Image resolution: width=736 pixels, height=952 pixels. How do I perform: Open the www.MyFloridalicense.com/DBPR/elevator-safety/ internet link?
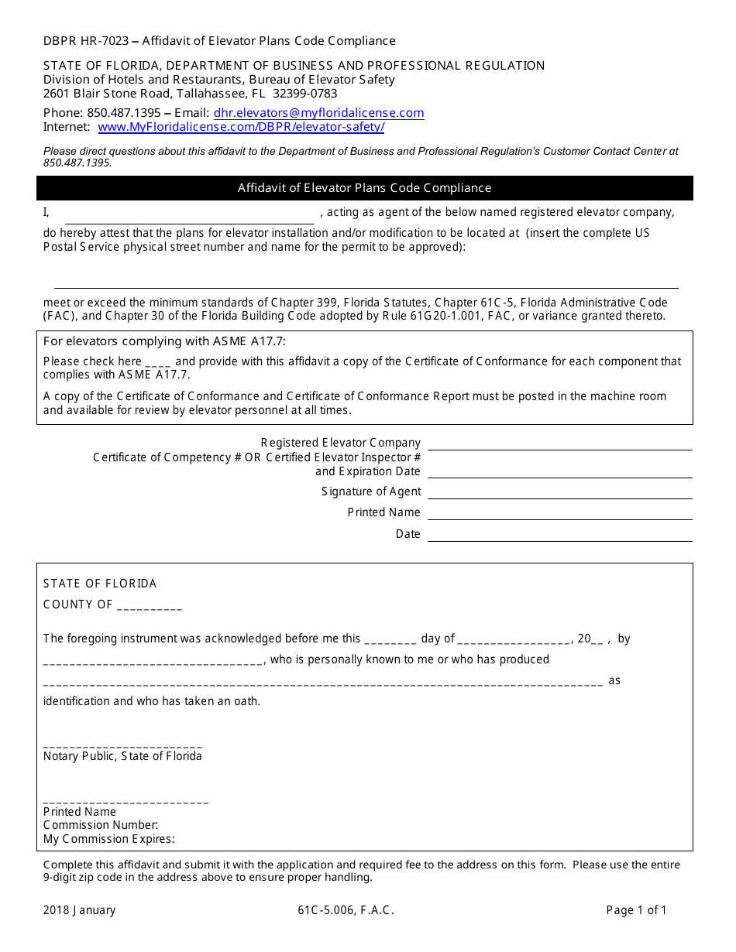click(x=241, y=127)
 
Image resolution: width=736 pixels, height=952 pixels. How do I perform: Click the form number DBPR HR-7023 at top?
click(x=86, y=41)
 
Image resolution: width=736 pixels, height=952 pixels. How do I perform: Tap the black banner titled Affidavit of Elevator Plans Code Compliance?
click(x=364, y=188)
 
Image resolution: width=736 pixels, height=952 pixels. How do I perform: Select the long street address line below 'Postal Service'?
click(x=366, y=283)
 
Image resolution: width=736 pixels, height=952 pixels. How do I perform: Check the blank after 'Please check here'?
click(x=158, y=362)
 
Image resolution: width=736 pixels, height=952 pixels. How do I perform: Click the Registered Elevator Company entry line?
click(x=559, y=443)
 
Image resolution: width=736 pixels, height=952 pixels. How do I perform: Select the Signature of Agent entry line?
click(x=559, y=492)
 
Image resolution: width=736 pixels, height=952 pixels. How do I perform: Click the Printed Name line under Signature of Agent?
click(x=559, y=513)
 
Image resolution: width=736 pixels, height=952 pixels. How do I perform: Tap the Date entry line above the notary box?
click(x=559, y=535)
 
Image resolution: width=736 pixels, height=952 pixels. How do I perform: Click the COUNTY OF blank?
click(x=150, y=606)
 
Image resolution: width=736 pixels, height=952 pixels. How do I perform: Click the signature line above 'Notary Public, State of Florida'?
click(x=122, y=743)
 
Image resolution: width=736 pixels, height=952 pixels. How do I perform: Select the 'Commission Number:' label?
click(x=101, y=825)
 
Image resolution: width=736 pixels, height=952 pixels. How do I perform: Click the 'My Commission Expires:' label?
click(x=109, y=839)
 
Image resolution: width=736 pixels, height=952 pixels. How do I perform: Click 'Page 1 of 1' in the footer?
click(x=636, y=910)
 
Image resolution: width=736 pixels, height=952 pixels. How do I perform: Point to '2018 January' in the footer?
click(x=80, y=910)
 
